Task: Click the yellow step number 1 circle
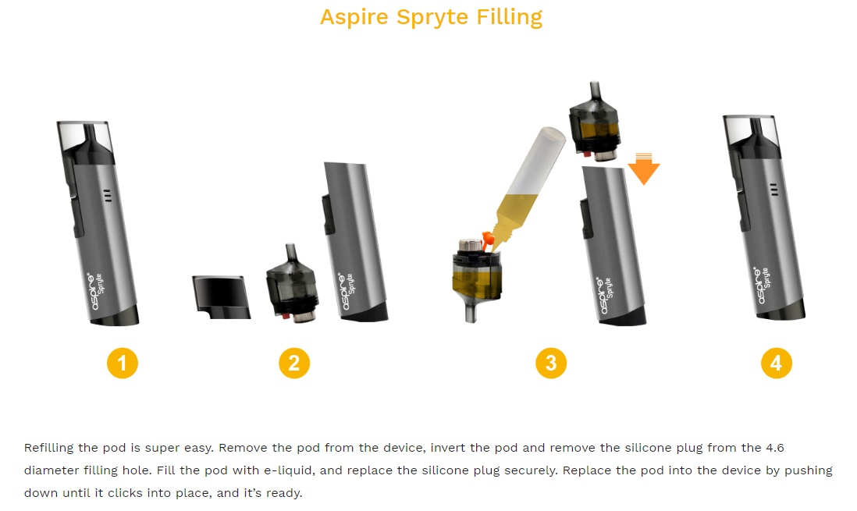coord(123,363)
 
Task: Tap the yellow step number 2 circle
coord(294,363)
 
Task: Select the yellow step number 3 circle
coord(551,363)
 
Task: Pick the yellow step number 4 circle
coord(776,363)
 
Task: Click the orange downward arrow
coord(644,169)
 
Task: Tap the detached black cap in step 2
coord(221,297)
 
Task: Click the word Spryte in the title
coord(432,17)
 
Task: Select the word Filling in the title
coord(510,17)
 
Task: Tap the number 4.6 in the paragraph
coord(775,448)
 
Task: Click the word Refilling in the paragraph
coord(48,448)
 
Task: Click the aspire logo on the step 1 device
coord(93,291)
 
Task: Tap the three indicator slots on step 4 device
coord(773,190)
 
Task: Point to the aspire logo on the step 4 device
coord(759,286)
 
